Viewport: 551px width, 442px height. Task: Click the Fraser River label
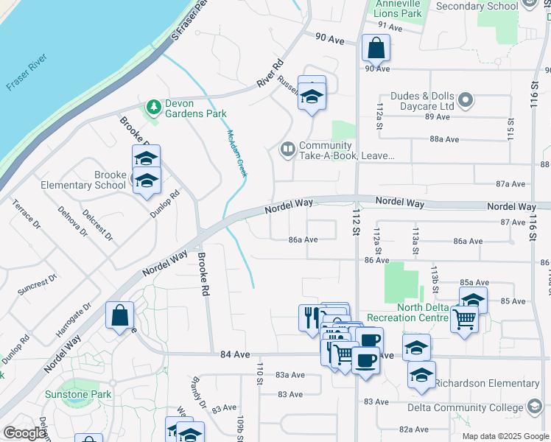tap(27, 71)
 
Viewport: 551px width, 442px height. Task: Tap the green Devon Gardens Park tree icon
tap(154, 108)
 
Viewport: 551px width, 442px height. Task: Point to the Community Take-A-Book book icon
tap(287, 150)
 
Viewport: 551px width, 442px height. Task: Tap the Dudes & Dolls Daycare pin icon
tap(466, 99)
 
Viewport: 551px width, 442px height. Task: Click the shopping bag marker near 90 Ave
tap(376, 49)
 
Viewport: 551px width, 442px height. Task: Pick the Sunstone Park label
tap(77, 394)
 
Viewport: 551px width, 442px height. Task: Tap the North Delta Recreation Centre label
tap(407, 312)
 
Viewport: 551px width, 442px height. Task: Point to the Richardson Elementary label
tap(487, 383)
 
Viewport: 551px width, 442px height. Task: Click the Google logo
tap(24, 433)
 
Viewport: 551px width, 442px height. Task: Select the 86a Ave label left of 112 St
tap(303, 239)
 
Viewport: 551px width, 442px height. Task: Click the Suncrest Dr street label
tap(38, 285)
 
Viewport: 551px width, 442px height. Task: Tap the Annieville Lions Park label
tap(397, 9)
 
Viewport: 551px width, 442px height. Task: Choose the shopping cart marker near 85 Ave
tap(464, 320)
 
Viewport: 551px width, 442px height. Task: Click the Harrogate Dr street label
tap(77, 316)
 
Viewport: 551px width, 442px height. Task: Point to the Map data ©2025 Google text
tap(505, 436)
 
